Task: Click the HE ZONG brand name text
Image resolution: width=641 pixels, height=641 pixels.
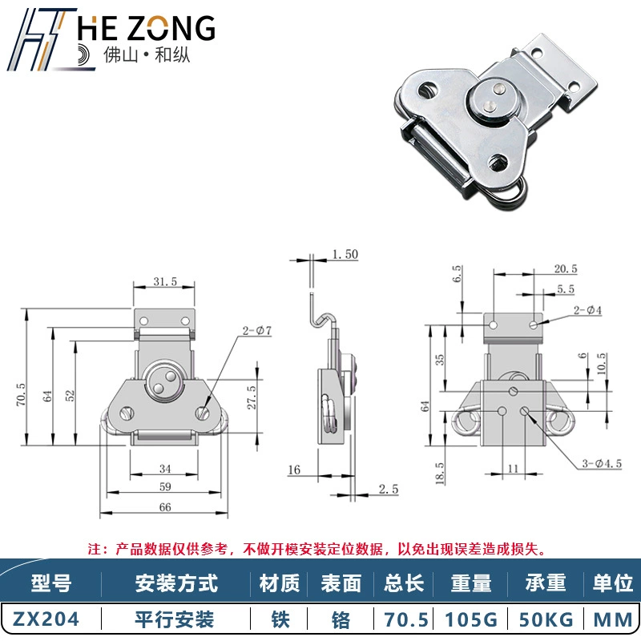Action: click(x=146, y=28)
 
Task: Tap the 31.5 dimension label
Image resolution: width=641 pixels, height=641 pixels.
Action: click(x=165, y=282)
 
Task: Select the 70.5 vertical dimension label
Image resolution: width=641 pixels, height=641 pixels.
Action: click(x=21, y=394)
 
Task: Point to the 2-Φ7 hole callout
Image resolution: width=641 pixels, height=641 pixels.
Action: click(x=256, y=330)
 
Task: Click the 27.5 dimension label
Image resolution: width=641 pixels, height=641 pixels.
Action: click(x=252, y=397)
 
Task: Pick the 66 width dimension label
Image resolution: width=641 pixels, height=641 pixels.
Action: click(x=165, y=507)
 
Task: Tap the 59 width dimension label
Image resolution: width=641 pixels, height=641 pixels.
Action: click(x=165, y=486)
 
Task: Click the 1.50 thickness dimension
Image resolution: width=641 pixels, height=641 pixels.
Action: click(x=345, y=254)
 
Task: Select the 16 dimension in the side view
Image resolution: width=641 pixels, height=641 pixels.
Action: click(x=294, y=470)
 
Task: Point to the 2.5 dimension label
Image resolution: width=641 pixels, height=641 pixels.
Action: click(x=388, y=489)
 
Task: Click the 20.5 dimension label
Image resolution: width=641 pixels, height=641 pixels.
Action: click(x=566, y=268)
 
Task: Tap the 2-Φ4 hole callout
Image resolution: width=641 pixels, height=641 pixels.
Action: click(x=587, y=310)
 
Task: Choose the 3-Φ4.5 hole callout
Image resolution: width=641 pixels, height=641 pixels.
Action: click(x=602, y=464)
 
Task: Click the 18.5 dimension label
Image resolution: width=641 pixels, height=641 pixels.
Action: click(x=439, y=474)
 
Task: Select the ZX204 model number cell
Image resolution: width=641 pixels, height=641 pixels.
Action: click(x=46, y=619)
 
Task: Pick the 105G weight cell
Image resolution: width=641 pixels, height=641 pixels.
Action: click(x=470, y=619)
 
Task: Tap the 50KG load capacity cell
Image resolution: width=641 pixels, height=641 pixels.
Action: click(x=546, y=619)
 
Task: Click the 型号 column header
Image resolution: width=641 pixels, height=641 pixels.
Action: click(x=50, y=583)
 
